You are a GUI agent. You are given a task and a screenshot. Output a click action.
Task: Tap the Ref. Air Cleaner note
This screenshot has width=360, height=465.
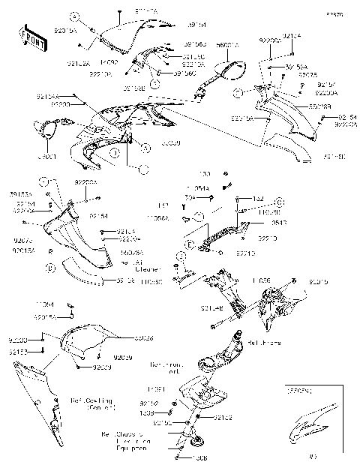(x=134, y=265)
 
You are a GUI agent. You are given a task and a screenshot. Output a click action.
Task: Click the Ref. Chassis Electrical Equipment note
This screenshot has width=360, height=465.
(x=124, y=442)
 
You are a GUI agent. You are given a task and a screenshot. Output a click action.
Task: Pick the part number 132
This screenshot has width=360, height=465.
(x=257, y=198)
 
